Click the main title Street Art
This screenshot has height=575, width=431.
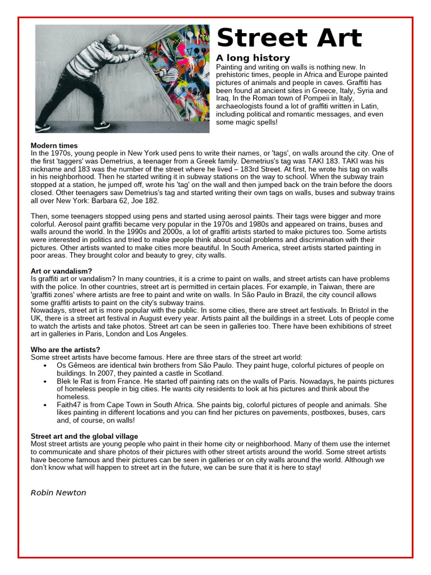[289, 39]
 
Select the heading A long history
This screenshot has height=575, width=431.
[253, 58]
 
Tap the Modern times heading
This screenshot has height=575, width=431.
[54, 145]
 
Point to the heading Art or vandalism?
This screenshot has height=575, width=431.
[61, 271]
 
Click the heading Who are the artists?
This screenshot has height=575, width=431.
[66, 349]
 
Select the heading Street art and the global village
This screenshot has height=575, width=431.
[84, 436]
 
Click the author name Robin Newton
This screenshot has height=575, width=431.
[58, 492]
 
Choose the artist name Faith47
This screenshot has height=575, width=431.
[70, 404]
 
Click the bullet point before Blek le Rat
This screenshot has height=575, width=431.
[44, 381]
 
